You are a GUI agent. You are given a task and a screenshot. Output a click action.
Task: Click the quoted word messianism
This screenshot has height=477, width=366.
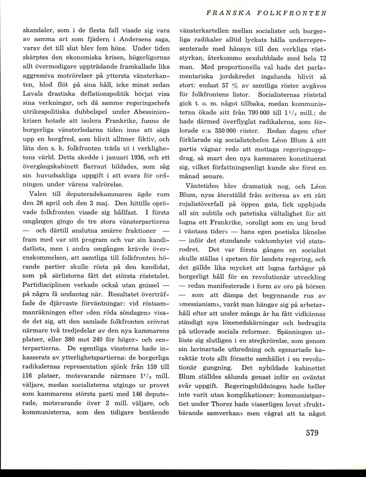coord(201,304)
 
